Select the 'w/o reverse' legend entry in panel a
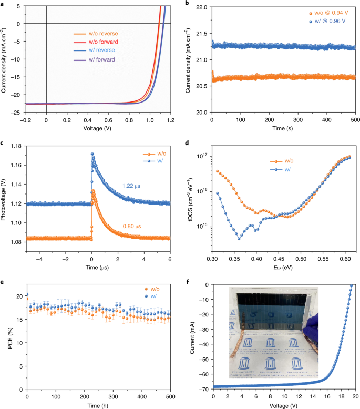pos(95,34)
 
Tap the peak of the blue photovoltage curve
pos(92,154)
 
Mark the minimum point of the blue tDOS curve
pos(239,239)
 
